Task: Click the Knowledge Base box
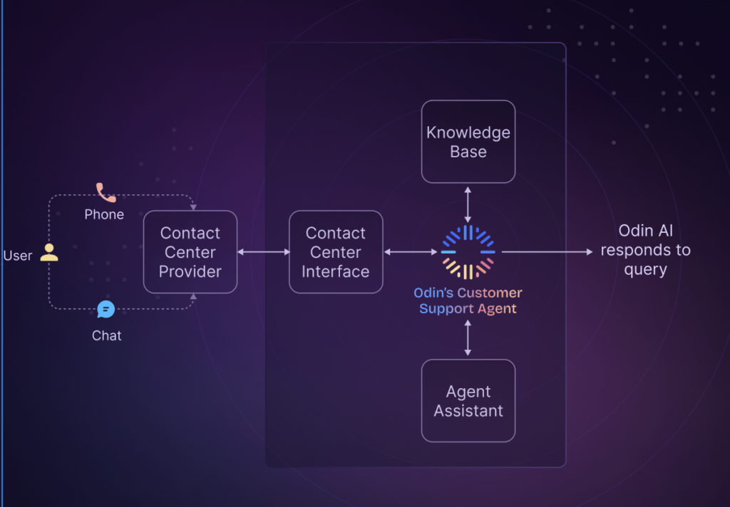(x=468, y=142)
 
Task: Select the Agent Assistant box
(x=468, y=401)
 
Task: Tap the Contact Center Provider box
(x=190, y=252)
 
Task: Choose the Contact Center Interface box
(x=335, y=252)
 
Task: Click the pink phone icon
(x=106, y=192)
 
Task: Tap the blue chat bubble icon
(x=106, y=309)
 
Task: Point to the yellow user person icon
(x=48, y=252)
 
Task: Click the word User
(x=18, y=256)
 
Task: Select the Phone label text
(x=104, y=214)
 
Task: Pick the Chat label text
(x=106, y=335)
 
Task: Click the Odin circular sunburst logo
(x=468, y=252)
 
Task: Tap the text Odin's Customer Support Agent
(x=468, y=300)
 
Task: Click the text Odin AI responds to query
(x=644, y=251)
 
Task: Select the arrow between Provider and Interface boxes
(x=263, y=252)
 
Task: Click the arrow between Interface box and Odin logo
(x=410, y=252)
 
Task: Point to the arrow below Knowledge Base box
(x=468, y=204)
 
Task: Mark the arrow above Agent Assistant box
(x=468, y=338)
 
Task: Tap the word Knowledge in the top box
(x=468, y=132)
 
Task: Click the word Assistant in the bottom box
(x=468, y=411)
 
